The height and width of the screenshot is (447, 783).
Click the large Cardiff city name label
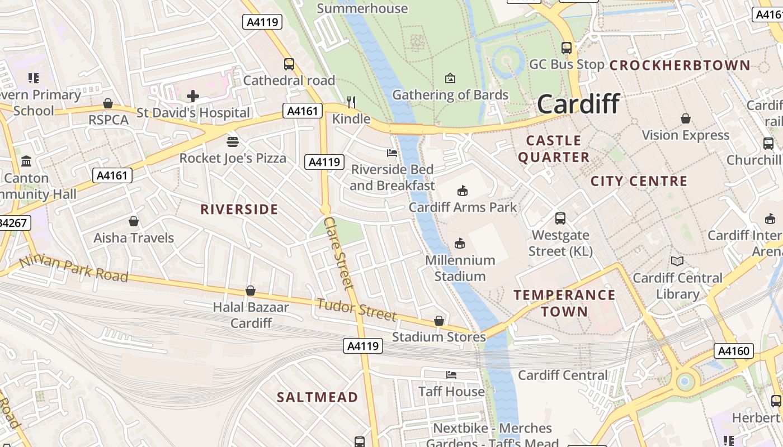coord(578,104)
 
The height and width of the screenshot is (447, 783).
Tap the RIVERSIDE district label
coord(239,210)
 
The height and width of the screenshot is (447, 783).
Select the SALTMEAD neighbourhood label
coord(318,397)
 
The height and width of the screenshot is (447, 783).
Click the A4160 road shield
coord(734,351)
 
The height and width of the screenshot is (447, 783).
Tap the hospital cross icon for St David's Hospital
coord(193,96)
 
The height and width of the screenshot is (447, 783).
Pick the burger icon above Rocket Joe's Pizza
coord(233,142)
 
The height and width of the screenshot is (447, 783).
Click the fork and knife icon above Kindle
coord(351,102)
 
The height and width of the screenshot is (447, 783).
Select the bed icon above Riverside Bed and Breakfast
coord(392,153)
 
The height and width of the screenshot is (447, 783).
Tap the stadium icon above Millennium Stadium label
coord(460,243)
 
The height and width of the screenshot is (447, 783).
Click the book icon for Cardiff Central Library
coord(677,261)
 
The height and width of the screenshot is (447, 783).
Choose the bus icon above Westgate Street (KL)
coord(560,218)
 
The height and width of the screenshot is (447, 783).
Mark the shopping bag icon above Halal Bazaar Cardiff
coord(251,291)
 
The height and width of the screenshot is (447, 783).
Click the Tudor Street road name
coord(357,310)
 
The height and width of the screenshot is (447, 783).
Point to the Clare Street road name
coord(339,253)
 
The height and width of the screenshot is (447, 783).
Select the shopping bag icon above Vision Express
coord(686,118)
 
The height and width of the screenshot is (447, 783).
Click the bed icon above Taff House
coord(451,374)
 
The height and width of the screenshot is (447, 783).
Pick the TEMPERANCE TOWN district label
coord(564,303)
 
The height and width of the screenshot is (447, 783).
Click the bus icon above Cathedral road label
coord(289,64)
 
